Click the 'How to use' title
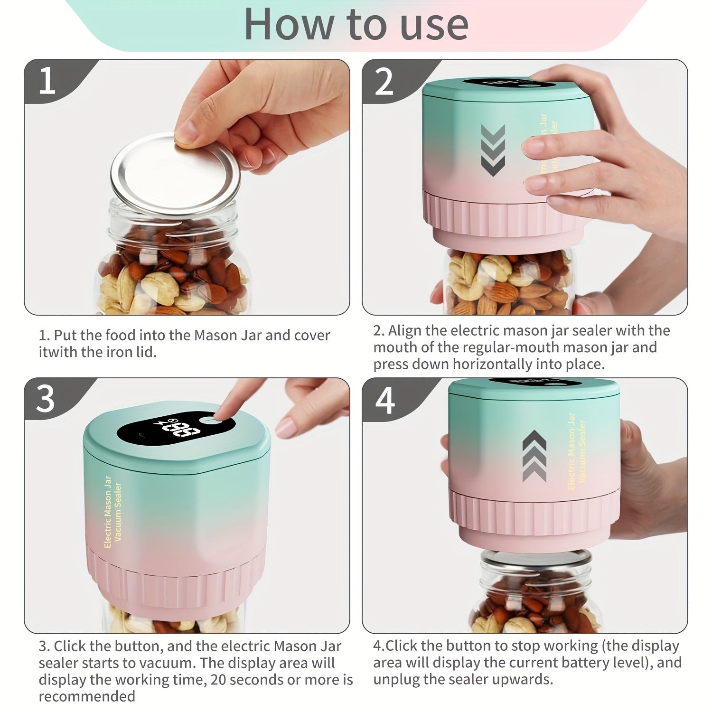click(356, 25)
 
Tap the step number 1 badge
click(47, 81)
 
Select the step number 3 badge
click(46, 399)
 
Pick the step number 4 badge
click(384, 400)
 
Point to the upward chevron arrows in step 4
click(534, 456)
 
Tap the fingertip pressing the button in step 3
click(223, 415)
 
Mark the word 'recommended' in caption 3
click(87, 696)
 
